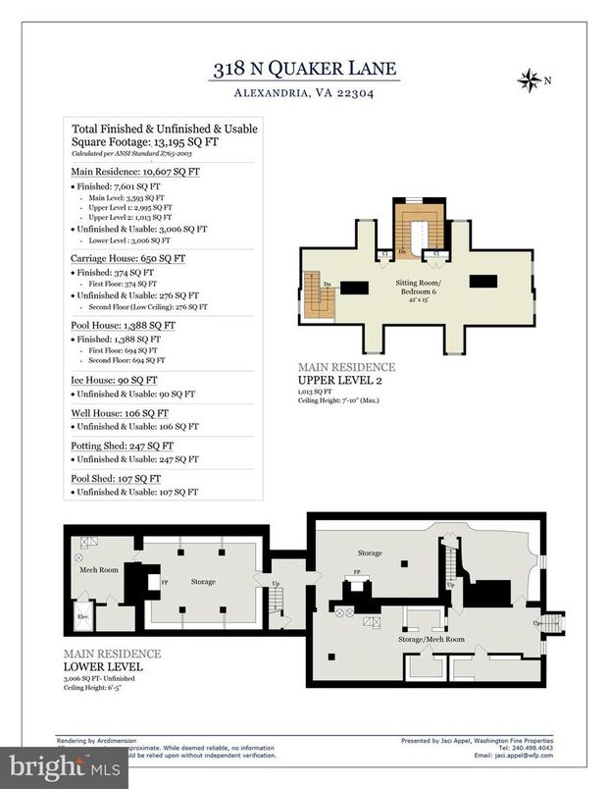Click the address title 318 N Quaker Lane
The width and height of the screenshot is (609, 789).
tap(304, 69)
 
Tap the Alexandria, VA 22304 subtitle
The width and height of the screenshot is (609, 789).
tap(304, 94)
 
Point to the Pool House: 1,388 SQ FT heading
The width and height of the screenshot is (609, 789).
tap(124, 325)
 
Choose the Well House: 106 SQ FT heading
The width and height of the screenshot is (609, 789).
tap(119, 413)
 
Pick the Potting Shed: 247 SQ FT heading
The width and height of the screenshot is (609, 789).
tap(123, 446)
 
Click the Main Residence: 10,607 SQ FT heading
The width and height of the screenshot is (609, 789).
tap(135, 171)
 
